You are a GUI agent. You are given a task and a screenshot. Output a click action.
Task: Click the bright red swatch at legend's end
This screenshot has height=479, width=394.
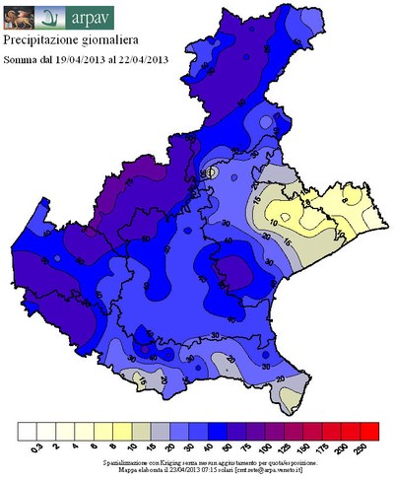click(369, 431)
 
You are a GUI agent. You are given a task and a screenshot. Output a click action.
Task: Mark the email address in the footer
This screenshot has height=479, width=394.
click(285, 469)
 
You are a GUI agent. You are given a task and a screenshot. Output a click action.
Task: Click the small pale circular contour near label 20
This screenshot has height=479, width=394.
click(210, 172)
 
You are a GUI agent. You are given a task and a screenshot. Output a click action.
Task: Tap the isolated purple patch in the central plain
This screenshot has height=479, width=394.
click(234, 268)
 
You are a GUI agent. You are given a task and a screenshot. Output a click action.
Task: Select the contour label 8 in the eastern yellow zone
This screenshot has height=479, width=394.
click(307, 202)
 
